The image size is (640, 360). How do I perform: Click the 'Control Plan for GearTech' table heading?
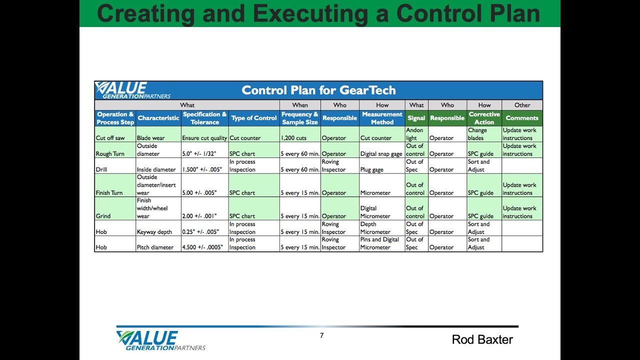(x=318, y=90)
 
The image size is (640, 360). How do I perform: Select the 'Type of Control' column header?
(x=254, y=118)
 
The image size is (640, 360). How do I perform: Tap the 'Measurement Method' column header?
(x=382, y=118)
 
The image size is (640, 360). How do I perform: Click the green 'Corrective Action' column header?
(x=484, y=118)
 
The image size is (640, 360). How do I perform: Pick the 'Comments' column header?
(x=522, y=118)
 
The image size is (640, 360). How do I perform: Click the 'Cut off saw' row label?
(x=110, y=138)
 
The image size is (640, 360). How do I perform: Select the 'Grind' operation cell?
(x=103, y=216)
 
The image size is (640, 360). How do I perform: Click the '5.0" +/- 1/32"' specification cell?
(x=199, y=154)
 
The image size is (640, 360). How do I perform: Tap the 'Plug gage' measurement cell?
(x=372, y=169)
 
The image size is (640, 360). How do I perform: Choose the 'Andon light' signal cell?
(x=414, y=134)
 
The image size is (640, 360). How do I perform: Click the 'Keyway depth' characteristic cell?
(x=155, y=232)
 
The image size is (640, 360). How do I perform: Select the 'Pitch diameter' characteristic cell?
(x=155, y=247)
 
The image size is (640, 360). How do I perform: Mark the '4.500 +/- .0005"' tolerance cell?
(x=202, y=247)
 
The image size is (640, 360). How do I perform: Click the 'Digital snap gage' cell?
(x=381, y=154)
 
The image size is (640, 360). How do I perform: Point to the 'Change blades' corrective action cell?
(x=477, y=134)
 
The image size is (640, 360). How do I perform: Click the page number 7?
(x=321, y=335)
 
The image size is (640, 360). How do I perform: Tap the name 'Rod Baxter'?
(x=482, y=340)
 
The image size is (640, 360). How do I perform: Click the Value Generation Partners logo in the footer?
(x=160, y=340)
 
